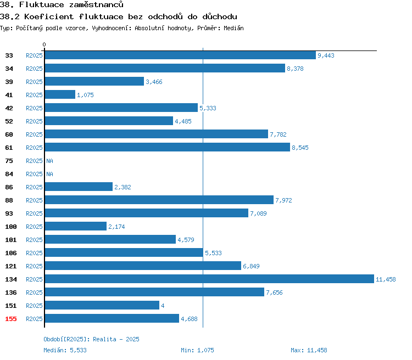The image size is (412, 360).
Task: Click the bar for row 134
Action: pos(209,279)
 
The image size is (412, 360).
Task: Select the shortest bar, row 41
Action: pos(60,94)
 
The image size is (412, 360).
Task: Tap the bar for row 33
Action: pos(180,55)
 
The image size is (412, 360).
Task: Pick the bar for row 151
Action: pos(102,305)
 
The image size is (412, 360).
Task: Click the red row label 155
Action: pos(11,319)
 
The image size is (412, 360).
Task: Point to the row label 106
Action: pos(11,253)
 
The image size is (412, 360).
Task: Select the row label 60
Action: pos(9,134)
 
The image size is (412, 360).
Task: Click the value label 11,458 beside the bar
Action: pos(386,279)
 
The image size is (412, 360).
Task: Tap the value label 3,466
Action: pos(154,82)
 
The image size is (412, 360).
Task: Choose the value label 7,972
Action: pos(283,200)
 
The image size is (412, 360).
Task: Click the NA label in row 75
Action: pos(49,161)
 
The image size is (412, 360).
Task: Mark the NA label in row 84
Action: pos(49,174)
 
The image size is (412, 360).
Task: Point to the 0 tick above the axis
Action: pos(44,44)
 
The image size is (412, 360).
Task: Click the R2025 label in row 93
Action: pos(34,213)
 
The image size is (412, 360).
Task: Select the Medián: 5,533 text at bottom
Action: pos(65,350)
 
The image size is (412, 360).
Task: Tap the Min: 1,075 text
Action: pos(197,350)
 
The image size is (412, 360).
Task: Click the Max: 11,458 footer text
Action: pos(309,350)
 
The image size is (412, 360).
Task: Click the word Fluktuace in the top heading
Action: pos(42,4)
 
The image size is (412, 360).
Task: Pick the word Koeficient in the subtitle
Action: pos(49,16)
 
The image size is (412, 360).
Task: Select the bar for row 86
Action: pos(79,187)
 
